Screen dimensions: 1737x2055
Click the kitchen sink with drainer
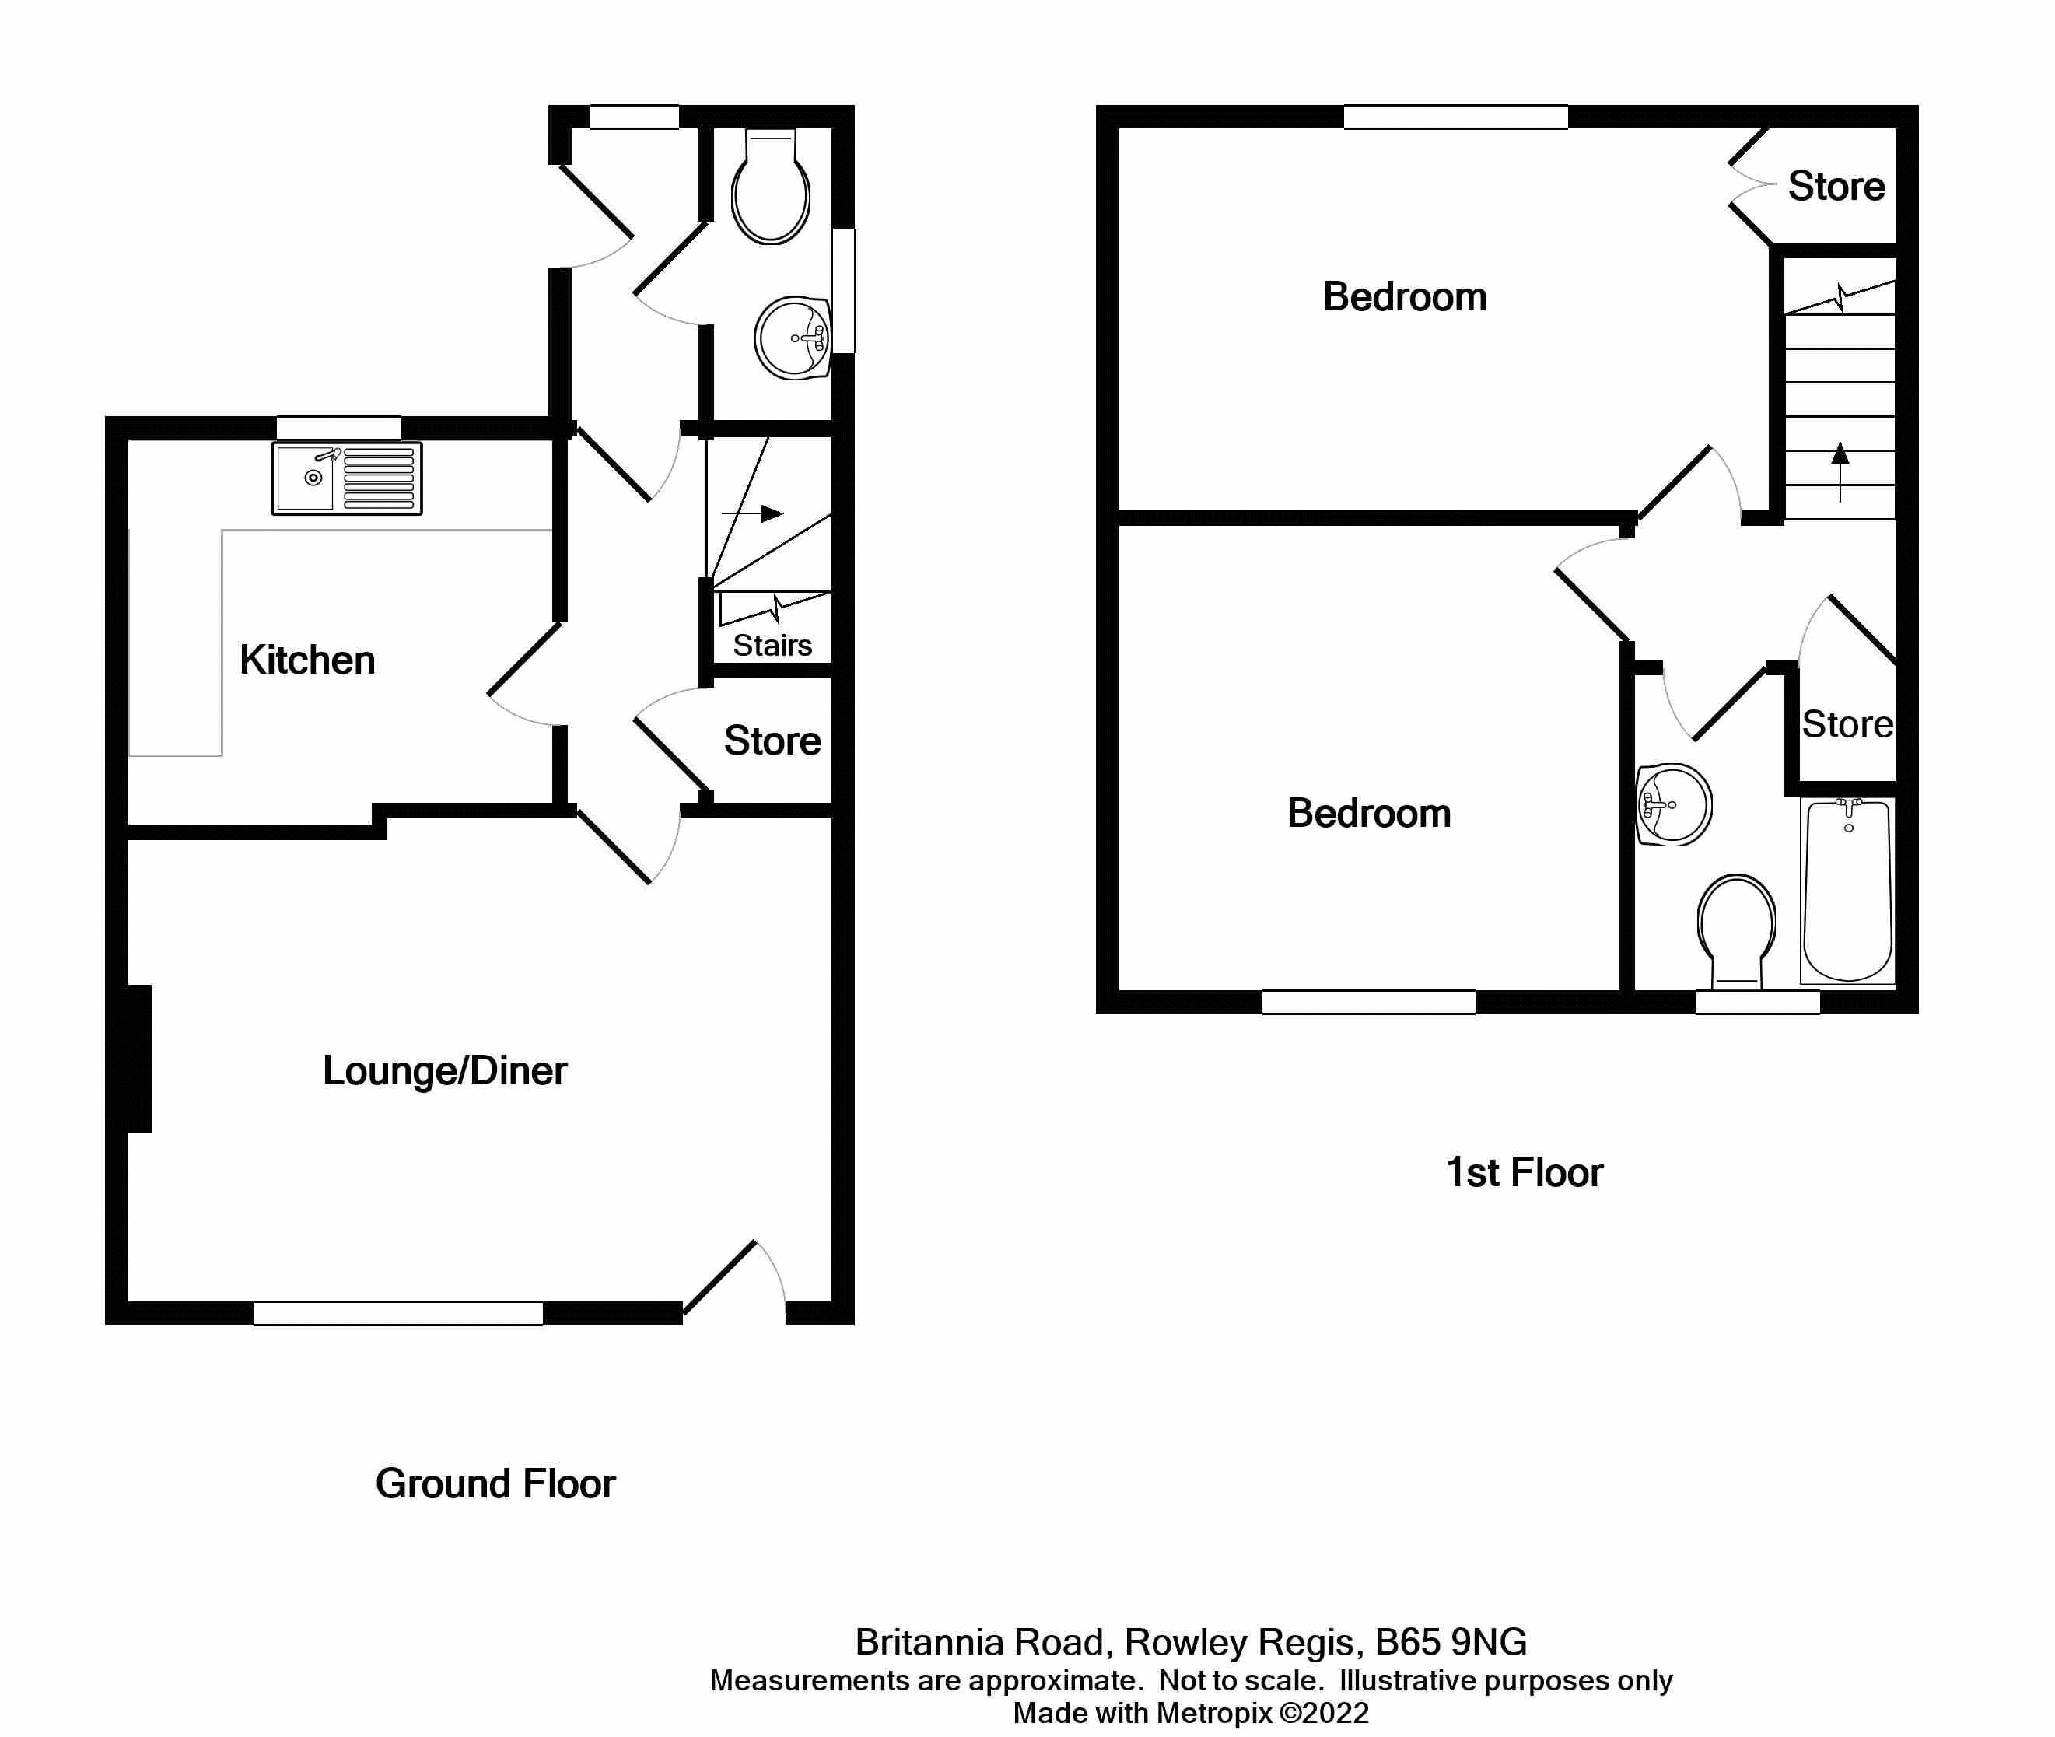(347, 478)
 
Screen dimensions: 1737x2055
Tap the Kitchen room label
(307, 660)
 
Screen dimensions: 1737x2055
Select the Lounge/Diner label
(444, 1070)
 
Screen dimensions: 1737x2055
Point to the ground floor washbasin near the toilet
(793, 338)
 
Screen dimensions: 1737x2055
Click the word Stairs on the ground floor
(772, 645)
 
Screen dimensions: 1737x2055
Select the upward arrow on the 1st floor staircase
(1840, 471)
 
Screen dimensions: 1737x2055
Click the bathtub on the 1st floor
(1847, 891)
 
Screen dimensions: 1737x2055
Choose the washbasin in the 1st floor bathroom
(1673, 804)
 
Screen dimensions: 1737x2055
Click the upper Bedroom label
(1404, 296)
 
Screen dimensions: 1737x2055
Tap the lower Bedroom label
(1369, 814)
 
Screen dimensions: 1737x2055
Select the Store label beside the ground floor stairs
(772, 741)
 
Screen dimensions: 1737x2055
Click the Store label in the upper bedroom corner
(1836, 186)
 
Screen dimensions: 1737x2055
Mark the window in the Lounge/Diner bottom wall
(397, 1312)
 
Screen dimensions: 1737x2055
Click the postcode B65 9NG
(1451, 1641)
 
